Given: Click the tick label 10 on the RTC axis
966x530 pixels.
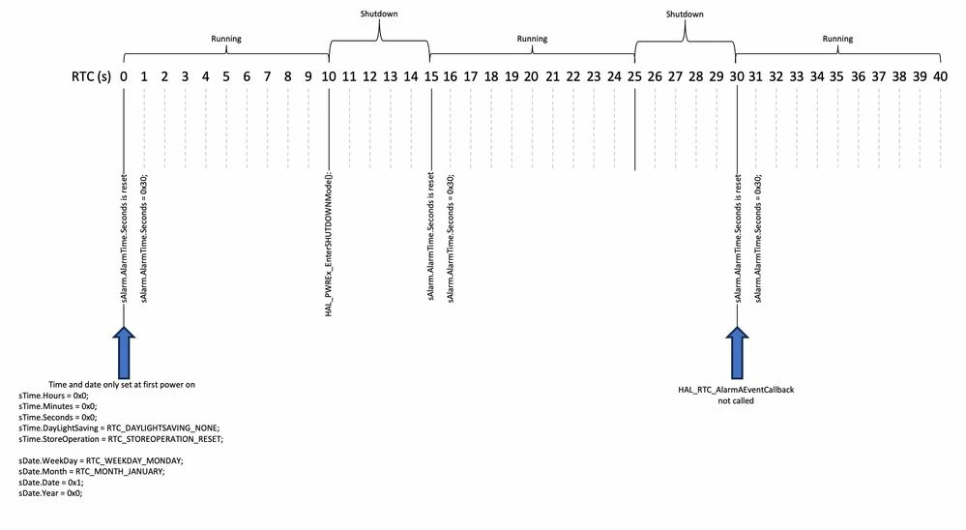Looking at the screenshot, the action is coord(329,76).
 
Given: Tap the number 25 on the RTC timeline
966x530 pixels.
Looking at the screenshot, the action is coord(634,76).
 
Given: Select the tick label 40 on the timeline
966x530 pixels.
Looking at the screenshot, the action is coord(940,76).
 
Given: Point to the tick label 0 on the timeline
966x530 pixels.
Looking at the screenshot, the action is coord(124,76).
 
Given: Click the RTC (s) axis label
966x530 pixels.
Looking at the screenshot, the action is coord(91,76).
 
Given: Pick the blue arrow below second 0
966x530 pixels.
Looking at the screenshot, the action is coord(124,352).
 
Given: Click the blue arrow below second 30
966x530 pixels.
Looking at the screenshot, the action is coord(737,352).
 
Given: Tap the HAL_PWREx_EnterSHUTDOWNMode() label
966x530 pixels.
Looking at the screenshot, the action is coord(329,245).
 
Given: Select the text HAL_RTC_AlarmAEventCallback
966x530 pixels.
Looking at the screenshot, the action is coord(736,390).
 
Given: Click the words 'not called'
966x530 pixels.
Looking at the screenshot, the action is coord(736,400).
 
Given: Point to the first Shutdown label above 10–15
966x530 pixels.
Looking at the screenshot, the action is coord(379,14).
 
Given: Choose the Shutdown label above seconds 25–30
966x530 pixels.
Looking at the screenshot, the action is coord(685,14).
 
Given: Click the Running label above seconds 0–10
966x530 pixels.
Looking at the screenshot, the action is coord(226,39).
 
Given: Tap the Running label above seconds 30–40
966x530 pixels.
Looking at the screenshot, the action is coord(837,39).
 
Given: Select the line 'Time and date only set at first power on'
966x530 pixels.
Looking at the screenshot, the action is coord(122,385).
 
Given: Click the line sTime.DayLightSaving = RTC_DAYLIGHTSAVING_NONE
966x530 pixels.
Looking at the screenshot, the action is coord(119,427).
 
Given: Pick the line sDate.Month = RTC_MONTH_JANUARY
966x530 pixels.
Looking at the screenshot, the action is coord(92,471).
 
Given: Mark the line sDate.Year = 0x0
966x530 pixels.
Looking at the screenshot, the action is coord(50,493).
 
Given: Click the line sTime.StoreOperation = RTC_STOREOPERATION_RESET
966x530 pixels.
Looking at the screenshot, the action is coord(121,439).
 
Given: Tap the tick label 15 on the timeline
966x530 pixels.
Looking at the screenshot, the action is coord(431,76).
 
